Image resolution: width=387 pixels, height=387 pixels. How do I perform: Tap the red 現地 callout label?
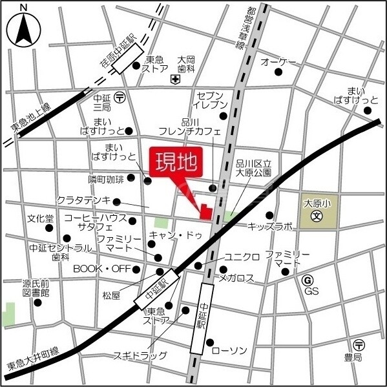174,163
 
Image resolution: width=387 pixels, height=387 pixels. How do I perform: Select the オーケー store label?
278,61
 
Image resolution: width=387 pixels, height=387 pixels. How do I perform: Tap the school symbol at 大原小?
317,217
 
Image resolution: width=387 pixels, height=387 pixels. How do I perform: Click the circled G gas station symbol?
308,280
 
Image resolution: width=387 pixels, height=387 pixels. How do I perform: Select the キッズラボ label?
271,227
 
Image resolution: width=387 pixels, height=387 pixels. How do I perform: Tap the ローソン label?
229,350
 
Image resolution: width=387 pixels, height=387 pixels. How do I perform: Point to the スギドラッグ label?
140,355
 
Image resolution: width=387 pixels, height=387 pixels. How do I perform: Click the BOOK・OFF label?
101,268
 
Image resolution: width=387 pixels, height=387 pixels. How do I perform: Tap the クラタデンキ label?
84,200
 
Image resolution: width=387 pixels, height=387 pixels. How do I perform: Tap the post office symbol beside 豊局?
359,344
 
